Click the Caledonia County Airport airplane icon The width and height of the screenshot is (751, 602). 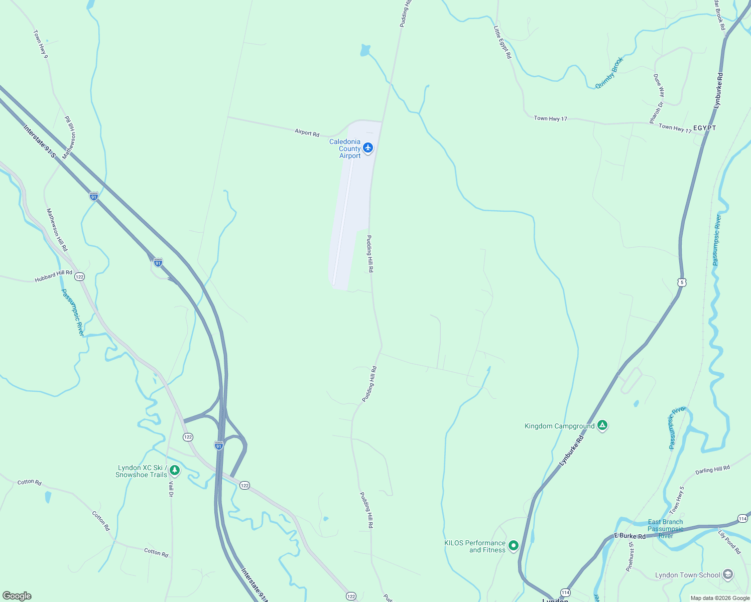pos(368,147)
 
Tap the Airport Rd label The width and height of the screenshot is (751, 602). pos(307,133)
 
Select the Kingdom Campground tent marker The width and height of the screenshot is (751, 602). pos(602,425)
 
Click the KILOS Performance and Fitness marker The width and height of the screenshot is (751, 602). pos(513,545)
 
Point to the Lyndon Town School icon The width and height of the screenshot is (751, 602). pos(728,574)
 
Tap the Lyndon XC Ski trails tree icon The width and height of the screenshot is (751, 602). pos(175,470)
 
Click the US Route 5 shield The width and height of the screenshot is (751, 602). pos(681,282)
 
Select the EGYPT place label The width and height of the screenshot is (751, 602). pos(704,128)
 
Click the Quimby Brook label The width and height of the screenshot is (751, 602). pos(609,73)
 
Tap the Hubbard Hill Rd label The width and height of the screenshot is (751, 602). pos(54,276)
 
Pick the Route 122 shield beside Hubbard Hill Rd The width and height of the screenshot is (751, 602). pos(79,276)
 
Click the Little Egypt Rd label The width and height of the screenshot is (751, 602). pos(502,43)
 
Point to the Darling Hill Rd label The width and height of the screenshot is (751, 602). pos(712,470)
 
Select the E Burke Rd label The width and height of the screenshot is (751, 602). pos(630,536)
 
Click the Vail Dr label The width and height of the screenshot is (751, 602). pos(171,489)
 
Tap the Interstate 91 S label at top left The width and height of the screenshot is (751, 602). pos(39,141)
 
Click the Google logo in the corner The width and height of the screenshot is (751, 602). pos(17,595)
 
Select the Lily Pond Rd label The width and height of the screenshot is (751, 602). pos(729,542)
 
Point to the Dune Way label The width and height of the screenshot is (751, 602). pos(659,85)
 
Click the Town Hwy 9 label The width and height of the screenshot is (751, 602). pos(40,44)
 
